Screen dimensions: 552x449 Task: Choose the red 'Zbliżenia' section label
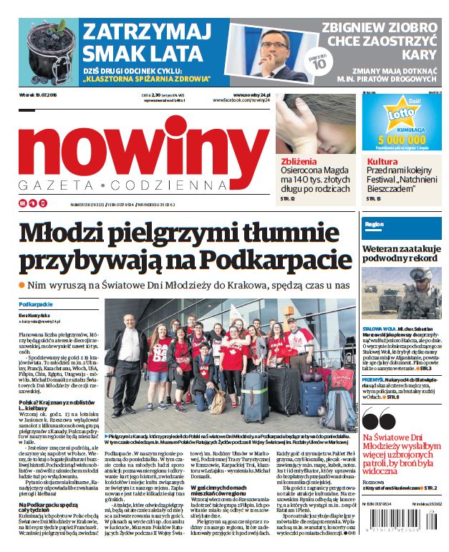[x=296, y=161]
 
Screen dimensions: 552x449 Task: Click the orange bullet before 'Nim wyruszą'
[x=22, y=285]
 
